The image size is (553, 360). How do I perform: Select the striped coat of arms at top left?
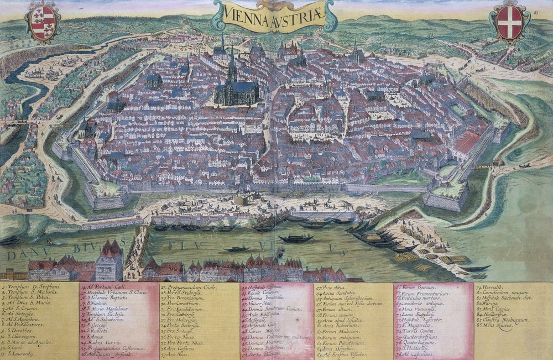(43, 22)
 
